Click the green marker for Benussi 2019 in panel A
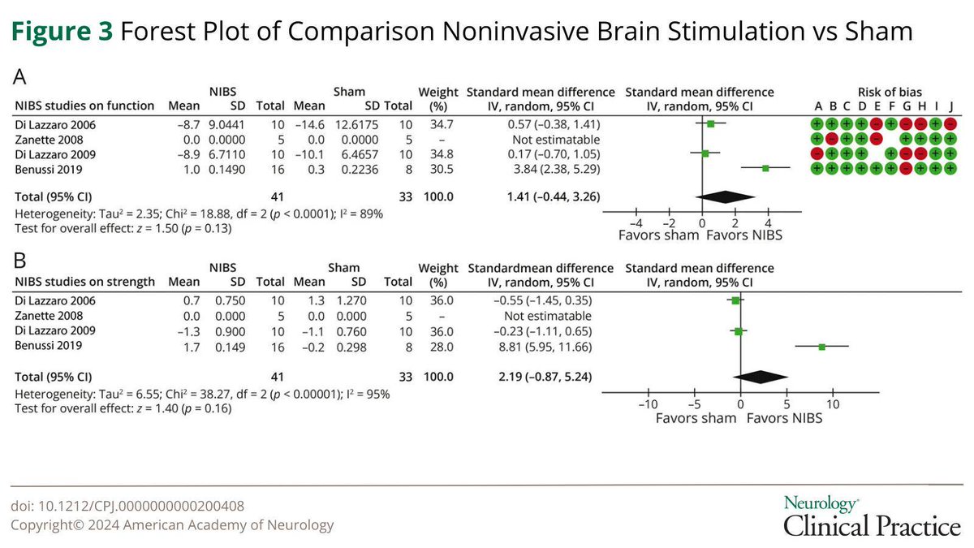(x=765, y=167)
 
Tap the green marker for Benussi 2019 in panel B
(x=822, y=347)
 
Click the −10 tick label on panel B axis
(x=646, y=403)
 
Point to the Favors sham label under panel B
(x=695, y=417)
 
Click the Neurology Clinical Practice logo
(x=871, y=516)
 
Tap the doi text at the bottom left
(x=127, y=506)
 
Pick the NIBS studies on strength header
(x=84, y=282)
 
